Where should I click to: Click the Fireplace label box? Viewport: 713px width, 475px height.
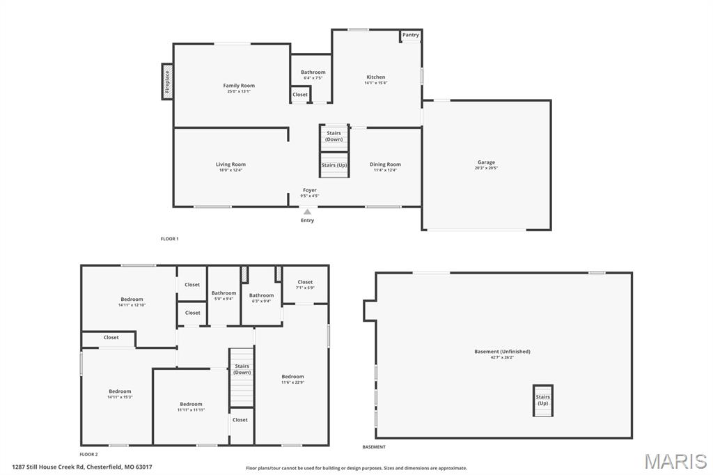point(167,81)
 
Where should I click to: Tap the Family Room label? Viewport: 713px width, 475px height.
point(239,86)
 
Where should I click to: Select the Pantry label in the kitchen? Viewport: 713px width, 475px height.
point(411,35)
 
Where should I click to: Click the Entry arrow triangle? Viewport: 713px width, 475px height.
point(307,212)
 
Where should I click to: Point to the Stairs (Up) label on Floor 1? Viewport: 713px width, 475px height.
point(334,165)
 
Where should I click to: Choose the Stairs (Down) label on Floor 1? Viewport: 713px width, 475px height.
point(334,136)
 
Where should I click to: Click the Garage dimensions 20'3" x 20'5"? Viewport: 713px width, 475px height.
point(486,168)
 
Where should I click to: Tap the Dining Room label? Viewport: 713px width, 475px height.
point(385,164)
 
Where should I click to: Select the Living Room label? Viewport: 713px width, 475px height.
point(230,164)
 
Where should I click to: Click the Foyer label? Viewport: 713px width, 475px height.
point(310,190)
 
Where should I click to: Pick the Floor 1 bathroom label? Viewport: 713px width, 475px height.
point(313,72)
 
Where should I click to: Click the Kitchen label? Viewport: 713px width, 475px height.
point(376,77)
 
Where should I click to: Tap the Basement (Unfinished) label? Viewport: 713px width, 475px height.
point(502,352)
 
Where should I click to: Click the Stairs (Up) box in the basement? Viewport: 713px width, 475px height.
point(542,400)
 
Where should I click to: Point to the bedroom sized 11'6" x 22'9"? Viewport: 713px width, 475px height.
point(292,377)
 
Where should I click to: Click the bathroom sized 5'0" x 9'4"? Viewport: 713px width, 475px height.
point(224,293)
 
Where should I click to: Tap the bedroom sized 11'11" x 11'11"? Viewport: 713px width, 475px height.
point(191,404)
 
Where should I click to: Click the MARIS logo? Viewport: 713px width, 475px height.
point(675,460)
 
